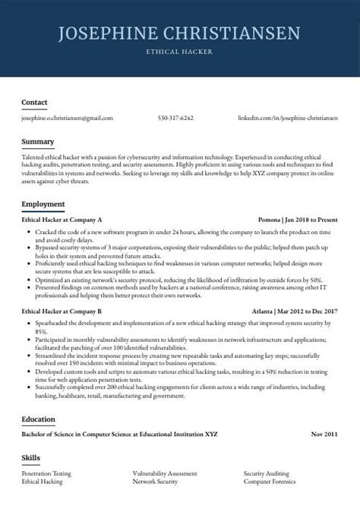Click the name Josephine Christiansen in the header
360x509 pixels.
(x=179, y=33)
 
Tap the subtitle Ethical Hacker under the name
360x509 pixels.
(x=180, y=52)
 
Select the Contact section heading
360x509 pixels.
(x=34, y=102)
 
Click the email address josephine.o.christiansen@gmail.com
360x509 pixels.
(x=67, y=119)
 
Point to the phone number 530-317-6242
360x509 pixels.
(x=175, y=119)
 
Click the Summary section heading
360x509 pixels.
(x=37, y=141)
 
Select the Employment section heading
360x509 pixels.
(x=43, y=204)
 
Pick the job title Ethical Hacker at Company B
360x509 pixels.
(x=62, y=311)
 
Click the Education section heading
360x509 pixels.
(x=39, y=418)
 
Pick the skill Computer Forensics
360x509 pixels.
(x=270, y=482)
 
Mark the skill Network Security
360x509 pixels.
(x=155, y=482)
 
